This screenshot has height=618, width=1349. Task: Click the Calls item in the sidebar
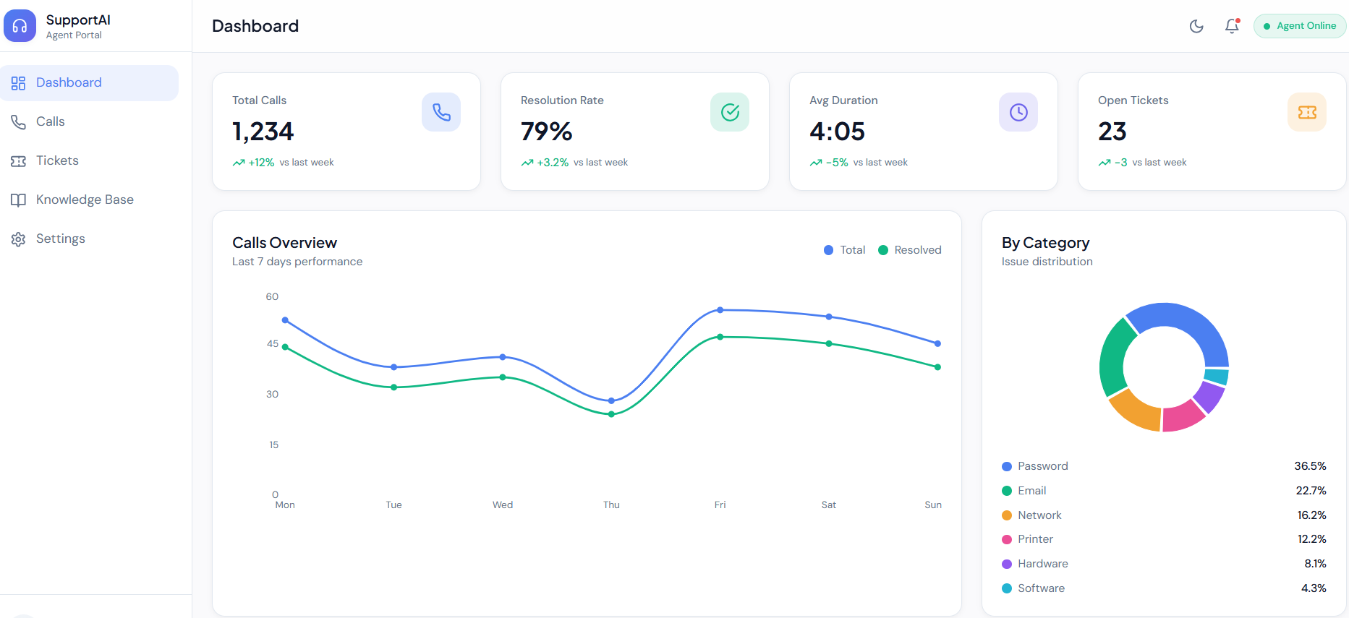point(50,121)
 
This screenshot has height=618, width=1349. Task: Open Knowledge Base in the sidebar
point(84,199)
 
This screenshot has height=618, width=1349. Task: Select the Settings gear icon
point(19,239)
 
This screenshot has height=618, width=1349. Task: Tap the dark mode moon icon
point(1196,26)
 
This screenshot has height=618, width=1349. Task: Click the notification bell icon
point(1232,26)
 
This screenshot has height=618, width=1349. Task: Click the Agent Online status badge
point(1300,26)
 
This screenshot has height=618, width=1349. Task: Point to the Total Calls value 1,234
point(263,132)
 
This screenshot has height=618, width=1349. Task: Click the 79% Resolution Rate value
point(546,132)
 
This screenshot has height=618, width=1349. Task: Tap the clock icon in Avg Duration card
point(1018,112)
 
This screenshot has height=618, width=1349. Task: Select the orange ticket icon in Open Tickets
point(1307,112)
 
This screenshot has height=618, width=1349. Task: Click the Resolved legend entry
point(910,250)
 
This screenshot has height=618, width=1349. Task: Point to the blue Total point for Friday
point(720,310)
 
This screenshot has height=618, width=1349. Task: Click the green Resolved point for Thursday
point(612,414)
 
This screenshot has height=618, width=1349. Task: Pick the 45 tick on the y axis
point(273,344)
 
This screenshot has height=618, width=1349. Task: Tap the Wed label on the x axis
point(503,505)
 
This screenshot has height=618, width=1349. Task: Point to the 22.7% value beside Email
point(1311,491)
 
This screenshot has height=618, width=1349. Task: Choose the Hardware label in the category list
point(1042,564)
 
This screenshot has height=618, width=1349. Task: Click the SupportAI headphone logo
point(20,26)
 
